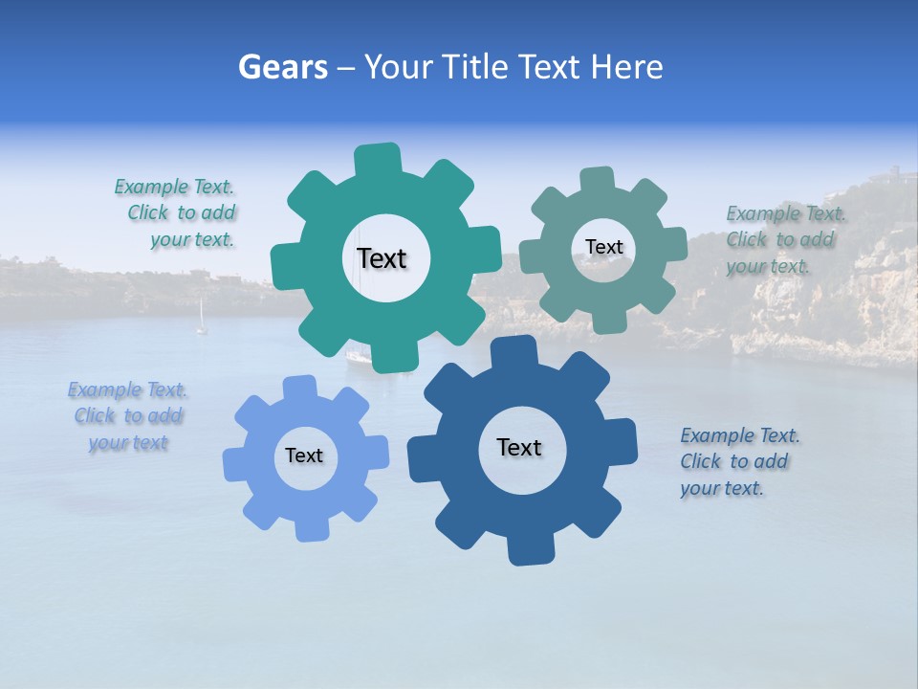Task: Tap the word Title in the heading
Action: (478, 67)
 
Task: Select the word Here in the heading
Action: (626, 67)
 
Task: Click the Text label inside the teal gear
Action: (382, 258)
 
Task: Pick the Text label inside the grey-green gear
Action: (603, 247)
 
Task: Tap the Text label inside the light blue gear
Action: (304, 456)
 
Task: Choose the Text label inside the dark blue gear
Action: (519, 447)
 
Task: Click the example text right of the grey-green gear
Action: (784, 239)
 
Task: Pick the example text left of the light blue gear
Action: (127, 416)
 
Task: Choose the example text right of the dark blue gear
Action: (739, 461)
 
